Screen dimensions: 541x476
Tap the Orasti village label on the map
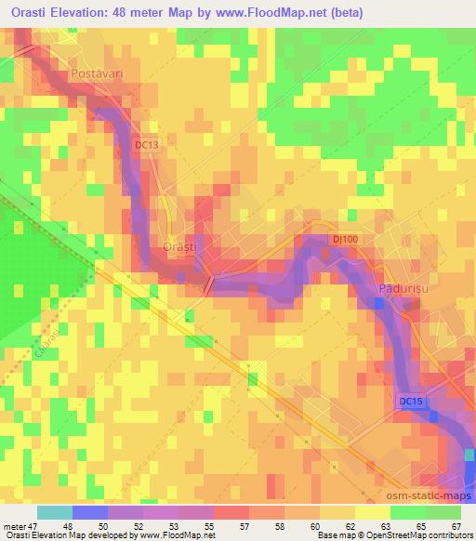coord(178,247)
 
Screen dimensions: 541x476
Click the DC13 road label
coord(147,145)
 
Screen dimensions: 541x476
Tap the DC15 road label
coord(411,401)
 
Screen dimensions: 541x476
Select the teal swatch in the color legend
coord(54,512)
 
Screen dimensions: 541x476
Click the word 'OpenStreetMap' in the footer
coord(391,535)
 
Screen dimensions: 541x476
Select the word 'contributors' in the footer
coord(448,535)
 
